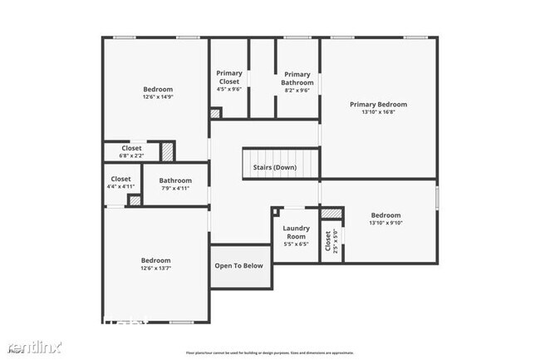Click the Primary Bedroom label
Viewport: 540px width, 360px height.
click(378, 105)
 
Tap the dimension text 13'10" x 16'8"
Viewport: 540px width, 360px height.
click(378, 113)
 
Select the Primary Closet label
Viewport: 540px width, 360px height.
click(228, 77)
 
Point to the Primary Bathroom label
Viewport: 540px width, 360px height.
click(297, 77)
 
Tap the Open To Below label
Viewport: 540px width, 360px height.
click(239, 266)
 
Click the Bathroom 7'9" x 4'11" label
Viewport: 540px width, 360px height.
click(175, 180)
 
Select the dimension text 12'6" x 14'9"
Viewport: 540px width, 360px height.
click(158, 97)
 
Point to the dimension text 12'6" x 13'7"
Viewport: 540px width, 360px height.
click(155, 269)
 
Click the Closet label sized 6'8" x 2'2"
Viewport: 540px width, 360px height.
click(130, 148)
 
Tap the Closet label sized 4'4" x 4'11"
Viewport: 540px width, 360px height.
click(120, 179)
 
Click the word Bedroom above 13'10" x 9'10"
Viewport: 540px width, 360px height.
click(385, 215)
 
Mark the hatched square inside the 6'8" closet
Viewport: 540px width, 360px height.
click(168, 151)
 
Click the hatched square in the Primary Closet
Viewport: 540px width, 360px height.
click(215, 113)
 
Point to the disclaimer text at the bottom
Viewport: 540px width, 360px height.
click(269, 353)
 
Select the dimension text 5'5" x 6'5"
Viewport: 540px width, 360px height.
click(296, 244)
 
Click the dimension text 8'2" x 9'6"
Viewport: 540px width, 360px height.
click(297, 91)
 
